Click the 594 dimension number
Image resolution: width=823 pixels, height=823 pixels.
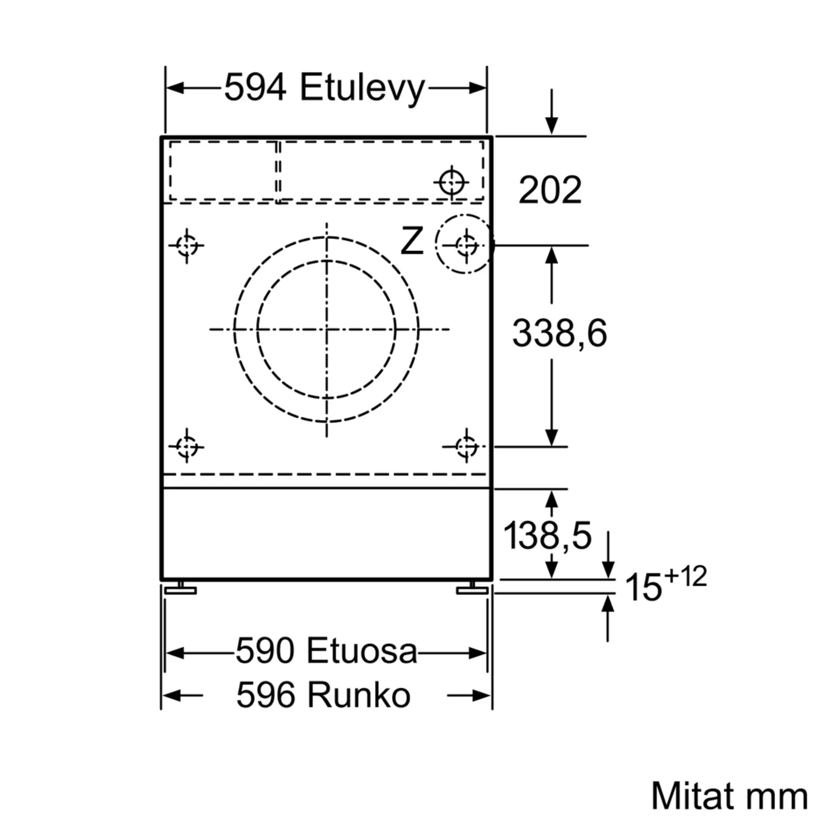[255, 88]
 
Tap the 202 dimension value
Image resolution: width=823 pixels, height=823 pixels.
[550, 190]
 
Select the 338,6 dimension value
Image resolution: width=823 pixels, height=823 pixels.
[560, 333]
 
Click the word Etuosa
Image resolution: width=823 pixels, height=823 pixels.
[361, 651]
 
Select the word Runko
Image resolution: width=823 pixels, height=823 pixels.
[359, 695]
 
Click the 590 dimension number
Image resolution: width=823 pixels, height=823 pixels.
[265, 651]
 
